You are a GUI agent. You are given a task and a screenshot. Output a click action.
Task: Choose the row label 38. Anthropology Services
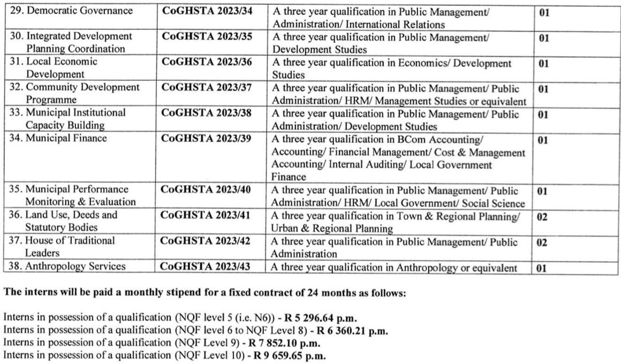click(69, 266)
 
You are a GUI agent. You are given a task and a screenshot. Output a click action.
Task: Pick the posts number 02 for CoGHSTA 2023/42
click(542, 242)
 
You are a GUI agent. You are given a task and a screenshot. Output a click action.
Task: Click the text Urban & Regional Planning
click(332, 229)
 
